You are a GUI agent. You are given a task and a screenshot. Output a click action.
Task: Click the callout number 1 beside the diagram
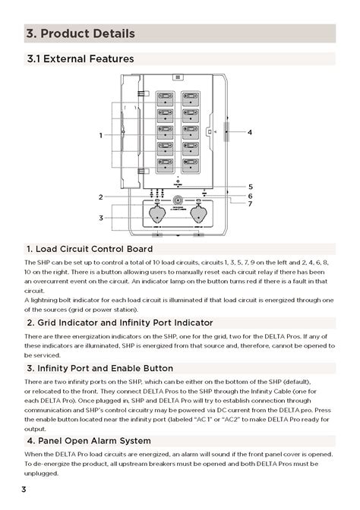point(100,135)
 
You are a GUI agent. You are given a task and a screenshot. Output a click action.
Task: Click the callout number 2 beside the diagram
point(100,197)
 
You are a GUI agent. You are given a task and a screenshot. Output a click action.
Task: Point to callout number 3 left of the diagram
point(100,218)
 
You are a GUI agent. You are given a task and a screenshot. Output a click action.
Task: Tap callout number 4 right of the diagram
point(249,132)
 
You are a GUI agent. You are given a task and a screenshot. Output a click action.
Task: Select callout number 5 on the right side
point(251,186)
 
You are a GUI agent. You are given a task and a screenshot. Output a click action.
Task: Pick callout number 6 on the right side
point(251,196)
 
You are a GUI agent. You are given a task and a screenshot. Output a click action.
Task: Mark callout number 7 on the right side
point(251,204)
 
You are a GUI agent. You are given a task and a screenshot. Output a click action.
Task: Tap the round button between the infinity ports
point(178,202)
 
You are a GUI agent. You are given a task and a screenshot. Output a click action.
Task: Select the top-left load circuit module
point(165,97)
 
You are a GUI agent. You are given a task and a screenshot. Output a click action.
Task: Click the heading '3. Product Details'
point(81,33)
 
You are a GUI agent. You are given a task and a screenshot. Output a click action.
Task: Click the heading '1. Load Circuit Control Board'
point(89,249)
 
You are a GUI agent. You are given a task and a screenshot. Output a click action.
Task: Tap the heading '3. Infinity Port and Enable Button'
point(99,368)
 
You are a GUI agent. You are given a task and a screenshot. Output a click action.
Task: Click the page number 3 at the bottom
point(24,490)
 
